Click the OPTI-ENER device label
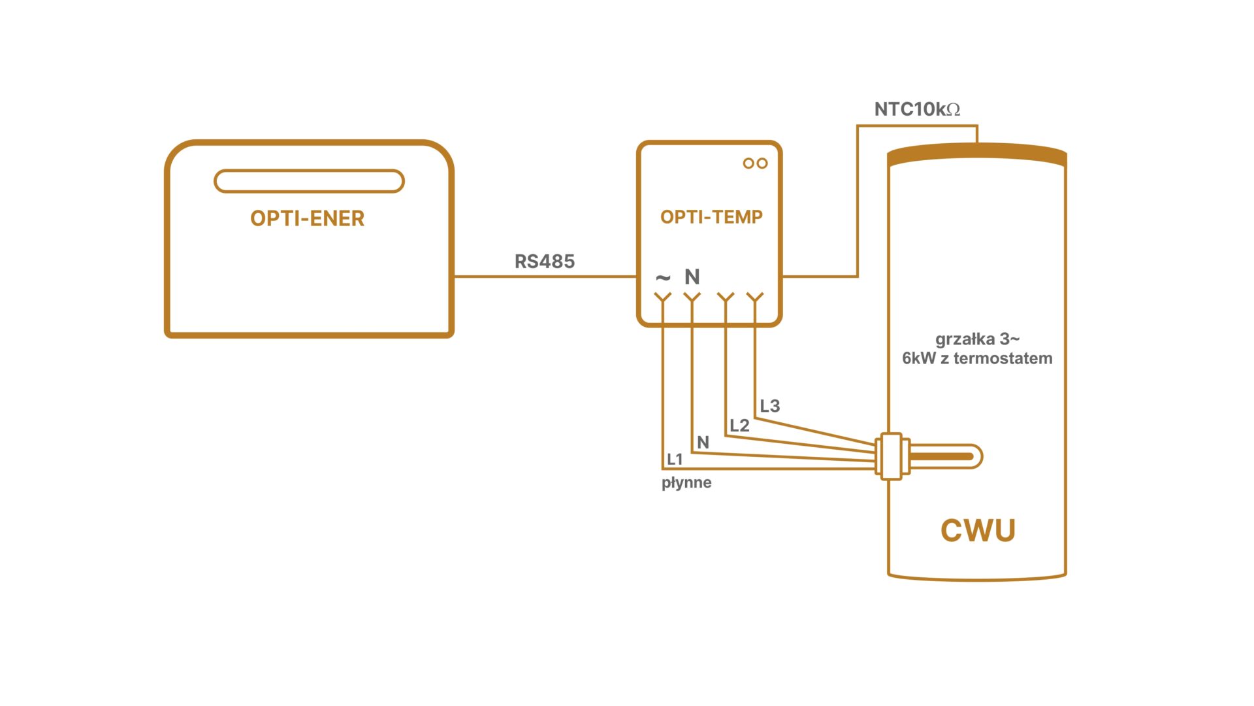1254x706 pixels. click(x=307, y=218)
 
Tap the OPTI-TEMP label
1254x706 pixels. click(x=711, y=217)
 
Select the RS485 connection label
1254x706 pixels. click(x=545, y=261)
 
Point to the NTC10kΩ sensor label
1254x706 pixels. click(x=917, y=109)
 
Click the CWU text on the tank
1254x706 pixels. click(x=978, y=530)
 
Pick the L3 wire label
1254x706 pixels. click(x=770, y=406)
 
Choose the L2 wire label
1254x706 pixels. click(x=739, y=426)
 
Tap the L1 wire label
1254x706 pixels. click(x=675, y=460)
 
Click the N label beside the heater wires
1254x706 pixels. click(x=703, y=443)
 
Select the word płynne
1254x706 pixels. click(x=686, y=483)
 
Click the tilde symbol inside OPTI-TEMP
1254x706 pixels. click(x=663, y=278)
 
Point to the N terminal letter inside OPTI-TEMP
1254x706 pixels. click(x=692, y=277)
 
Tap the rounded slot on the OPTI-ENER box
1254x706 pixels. click(x=309, y=181)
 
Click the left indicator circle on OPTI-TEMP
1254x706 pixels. click(x=748, y=163)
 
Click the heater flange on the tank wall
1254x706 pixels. click(x=891, y=456)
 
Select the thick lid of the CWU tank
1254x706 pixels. click(x=977, y=154)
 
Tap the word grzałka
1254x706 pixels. click(x=965, y=339)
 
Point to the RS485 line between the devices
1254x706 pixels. click(x=545, y=277)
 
